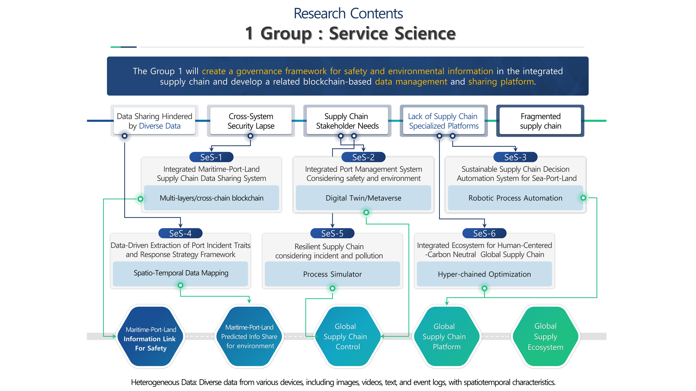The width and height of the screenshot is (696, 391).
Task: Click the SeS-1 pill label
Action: coord(211,157)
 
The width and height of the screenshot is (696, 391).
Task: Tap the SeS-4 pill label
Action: coord(180,233)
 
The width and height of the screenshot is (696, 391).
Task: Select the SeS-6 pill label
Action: coord(484,233)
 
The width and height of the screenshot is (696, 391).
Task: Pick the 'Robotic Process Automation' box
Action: coord(515,198)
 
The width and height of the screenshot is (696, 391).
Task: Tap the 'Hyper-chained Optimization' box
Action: coord(484,274)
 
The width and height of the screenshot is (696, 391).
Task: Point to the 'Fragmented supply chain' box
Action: coord(540,121)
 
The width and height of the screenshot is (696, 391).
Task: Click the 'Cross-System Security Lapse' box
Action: coord(251,121)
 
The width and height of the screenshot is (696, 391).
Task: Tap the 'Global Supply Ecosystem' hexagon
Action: coord(545,336)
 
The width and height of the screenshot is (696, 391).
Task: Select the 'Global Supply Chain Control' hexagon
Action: coord(347,336)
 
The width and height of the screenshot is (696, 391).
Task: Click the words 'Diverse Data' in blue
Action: coord(160,126)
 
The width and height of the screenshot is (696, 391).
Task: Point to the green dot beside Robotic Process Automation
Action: coord(583,198)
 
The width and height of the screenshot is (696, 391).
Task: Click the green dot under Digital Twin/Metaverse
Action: coord(366,212)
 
